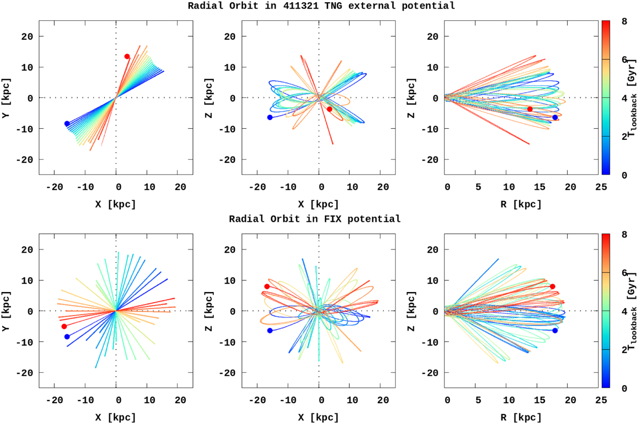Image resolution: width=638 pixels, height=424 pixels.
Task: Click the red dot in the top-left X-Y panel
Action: click(127, 56)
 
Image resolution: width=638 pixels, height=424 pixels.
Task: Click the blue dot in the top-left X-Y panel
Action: click(67, 123)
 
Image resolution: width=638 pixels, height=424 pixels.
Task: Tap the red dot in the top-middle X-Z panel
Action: click(330, 109)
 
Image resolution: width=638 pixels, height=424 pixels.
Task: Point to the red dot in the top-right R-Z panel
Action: click(530, 109)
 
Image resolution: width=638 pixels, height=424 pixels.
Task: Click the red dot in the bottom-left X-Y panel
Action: click(64, 326)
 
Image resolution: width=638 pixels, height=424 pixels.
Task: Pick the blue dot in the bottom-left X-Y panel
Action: click(67, 336)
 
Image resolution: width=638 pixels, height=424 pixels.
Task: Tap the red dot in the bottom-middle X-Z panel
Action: click(267, 286)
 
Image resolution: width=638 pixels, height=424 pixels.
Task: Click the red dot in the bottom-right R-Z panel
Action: click(552, 286)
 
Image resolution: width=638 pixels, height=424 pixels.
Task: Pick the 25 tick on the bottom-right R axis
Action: click(601, 401)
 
